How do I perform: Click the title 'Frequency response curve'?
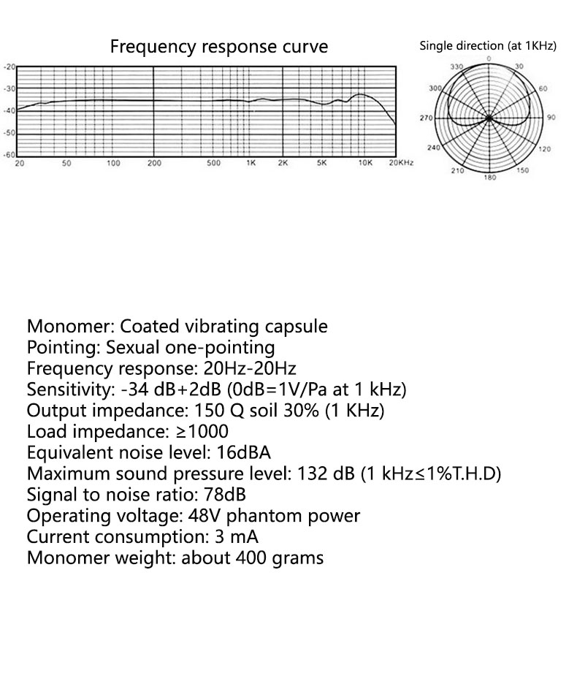click(x=218, y=47)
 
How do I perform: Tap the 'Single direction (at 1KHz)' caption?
click(x=488, y=46)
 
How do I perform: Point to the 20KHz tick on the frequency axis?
click(x=401, y=163)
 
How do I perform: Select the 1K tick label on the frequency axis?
click(x=251, y=163)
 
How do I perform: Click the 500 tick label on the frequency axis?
click(x=213, y=163)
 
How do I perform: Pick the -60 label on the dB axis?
click(x=9, y=155)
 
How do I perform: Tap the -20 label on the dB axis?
click(x=9, y=66)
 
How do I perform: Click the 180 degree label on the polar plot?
click(x=489, y=178)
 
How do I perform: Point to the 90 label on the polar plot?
click(x=551, y=118)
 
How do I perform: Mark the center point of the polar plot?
click(x=489, y=118)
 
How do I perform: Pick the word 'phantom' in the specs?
click(x=264, y=516)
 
